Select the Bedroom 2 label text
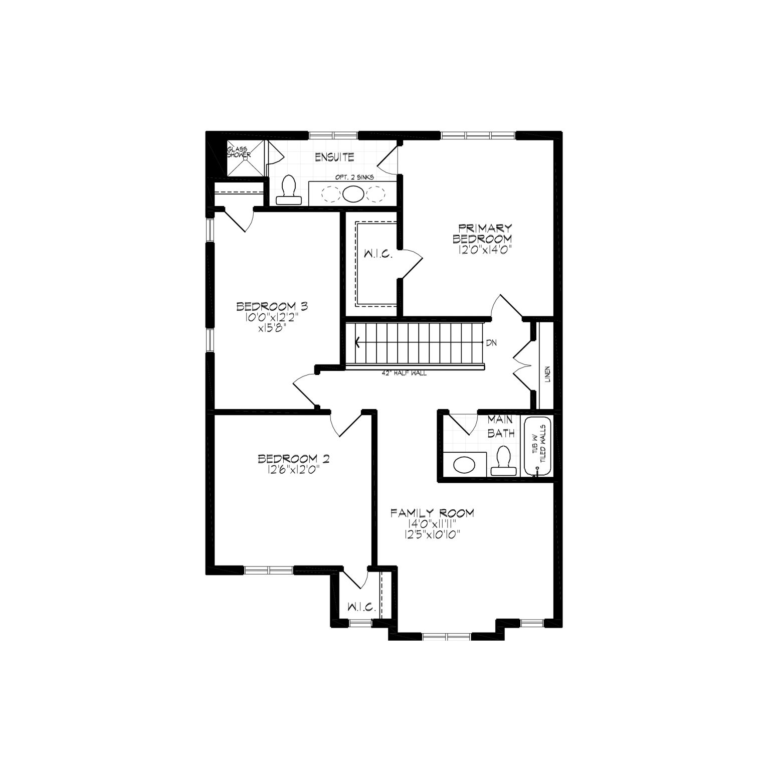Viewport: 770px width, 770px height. pos(293,459)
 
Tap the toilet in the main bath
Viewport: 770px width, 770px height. pos(502,460)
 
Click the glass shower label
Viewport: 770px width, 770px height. pos(239,152)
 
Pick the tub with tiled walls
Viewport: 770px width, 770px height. pos(537,446)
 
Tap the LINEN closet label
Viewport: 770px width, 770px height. pos(547,374)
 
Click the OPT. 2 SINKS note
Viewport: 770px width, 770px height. pos(354,177)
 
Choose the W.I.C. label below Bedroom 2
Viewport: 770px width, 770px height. pos(361,607)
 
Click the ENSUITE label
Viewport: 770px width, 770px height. pos(334,157)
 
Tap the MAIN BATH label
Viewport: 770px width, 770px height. pos(501,427)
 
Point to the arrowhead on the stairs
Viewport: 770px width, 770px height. pos(358,343)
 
